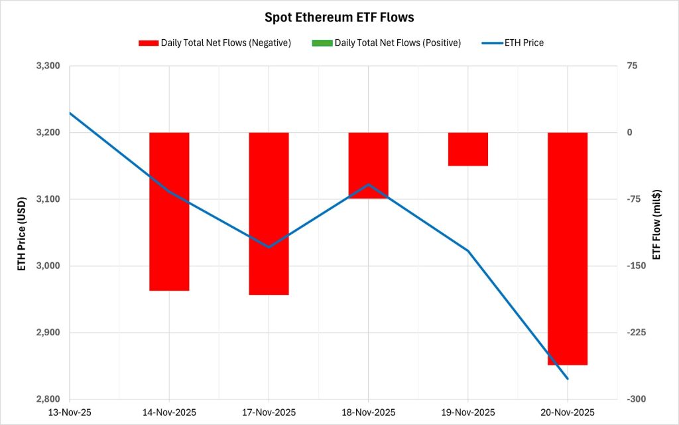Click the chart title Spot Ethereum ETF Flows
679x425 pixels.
coord(339,18)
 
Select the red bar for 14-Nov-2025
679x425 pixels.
coord(169,211)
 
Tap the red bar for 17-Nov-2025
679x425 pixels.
coord(269,213)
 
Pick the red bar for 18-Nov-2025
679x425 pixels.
coord(368,165)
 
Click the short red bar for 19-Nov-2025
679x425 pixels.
coord(468,149)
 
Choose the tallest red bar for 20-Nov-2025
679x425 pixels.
coord(568,248)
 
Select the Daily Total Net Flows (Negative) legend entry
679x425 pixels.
coord(215,43)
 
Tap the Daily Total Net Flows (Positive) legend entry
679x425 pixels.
coord(385,43)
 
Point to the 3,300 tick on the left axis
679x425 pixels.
coord(46,66)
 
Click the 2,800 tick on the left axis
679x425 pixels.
coord(46,399)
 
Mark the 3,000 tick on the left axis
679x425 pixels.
coord(46,266)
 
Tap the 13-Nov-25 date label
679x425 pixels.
coord(70,412)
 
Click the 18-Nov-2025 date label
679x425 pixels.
coord(368,412)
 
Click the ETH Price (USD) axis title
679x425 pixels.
coord(21,233)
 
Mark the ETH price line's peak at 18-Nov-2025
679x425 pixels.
coord(368,184)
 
